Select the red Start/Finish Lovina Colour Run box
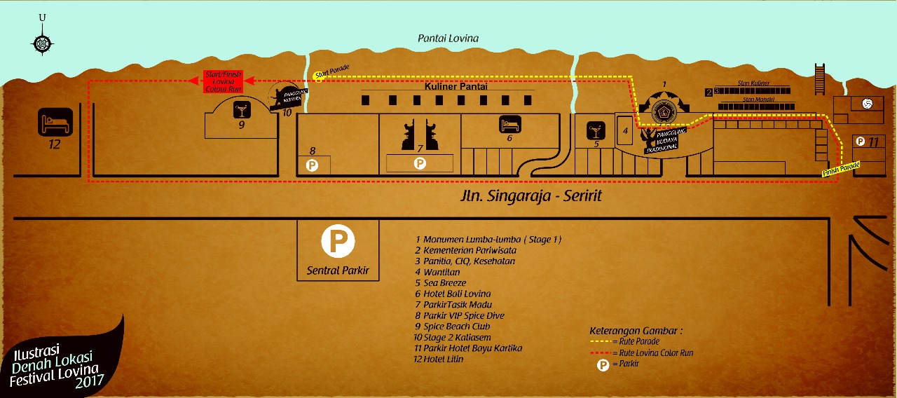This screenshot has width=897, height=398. pos(223,81)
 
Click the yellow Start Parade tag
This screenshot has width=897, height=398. pos(331,73)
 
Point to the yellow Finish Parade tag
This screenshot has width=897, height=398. pos(841,169)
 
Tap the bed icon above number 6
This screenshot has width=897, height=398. pos(509,125)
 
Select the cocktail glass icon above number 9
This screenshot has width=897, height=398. pos(241,110)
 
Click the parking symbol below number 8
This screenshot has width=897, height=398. pos(313,165)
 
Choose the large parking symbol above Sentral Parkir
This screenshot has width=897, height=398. pos(338,242)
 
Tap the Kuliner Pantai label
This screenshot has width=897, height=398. pos(456,86)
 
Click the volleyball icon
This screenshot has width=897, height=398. pos(868,104)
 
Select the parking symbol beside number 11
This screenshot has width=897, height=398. pos(859,141)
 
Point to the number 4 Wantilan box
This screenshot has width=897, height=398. pos(625,130)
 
